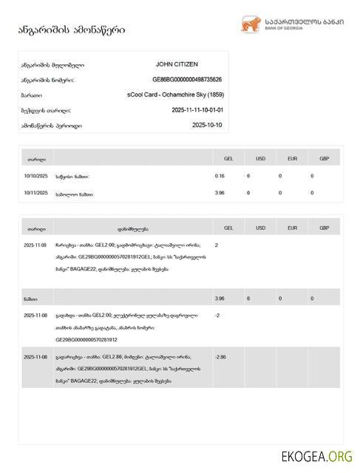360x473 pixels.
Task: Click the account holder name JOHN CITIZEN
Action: tap(177, 65)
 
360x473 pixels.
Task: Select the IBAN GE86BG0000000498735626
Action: tap(187, 80)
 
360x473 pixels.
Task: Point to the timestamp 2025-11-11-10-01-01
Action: tap(197, 110)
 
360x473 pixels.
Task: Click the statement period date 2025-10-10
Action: tap(207, 125)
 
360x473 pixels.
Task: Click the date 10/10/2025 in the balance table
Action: tap(35, 176)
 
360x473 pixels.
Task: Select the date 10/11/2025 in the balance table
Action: tap(35, 193)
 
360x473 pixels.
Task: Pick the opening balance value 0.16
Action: tap(220, 176)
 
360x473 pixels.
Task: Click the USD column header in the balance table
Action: tap(260, 158)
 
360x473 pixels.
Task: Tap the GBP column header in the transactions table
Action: tap(324, 228)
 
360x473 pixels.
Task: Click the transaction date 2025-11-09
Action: tap(35, 245)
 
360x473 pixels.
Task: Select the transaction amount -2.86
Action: tap(220, 357)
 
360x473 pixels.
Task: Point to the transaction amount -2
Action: tap(217, 316)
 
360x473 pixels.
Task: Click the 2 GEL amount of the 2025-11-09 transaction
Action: tap(217, 245)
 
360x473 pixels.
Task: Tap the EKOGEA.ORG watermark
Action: tap(316, 456)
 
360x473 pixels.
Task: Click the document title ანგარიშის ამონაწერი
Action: tap(72, 30)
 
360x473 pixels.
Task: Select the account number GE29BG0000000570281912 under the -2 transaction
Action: tap(86, 340)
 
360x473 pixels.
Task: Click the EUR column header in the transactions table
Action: tap(292, 228)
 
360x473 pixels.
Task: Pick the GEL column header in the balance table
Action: tap(228, 158)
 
